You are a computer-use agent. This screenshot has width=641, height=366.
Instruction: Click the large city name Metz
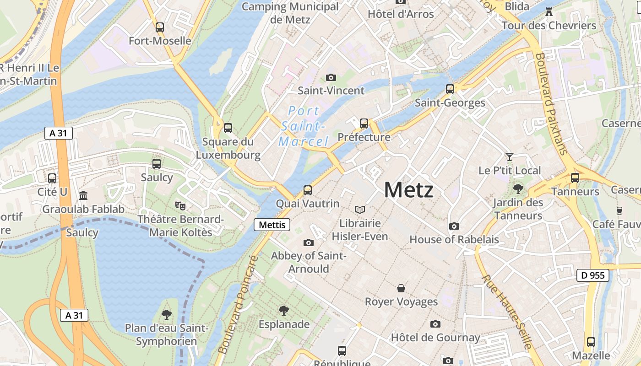(408, 189)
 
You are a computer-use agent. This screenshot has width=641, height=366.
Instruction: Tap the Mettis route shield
(272, 225)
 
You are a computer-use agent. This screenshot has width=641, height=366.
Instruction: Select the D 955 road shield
(592, 275)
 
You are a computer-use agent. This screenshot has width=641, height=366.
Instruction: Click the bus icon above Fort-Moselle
(160, 27)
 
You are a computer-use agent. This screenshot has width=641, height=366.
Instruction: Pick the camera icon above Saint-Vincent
(331, 77)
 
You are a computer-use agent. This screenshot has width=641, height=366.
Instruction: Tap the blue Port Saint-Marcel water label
(304, 126)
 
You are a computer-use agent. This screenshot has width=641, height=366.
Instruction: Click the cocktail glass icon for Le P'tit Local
(509, 157)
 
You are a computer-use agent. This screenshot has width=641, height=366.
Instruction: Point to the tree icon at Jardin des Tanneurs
(518, 188)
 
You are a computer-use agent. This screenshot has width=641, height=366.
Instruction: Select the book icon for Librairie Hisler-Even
(360, 210)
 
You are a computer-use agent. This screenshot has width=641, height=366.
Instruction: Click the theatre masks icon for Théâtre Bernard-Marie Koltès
(180, 206)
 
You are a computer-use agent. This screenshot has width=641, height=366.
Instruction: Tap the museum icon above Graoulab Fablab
(83, 195)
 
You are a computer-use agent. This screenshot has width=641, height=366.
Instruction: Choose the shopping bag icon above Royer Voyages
(401, 288)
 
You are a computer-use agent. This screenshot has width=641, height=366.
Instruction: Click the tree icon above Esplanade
(284, 311)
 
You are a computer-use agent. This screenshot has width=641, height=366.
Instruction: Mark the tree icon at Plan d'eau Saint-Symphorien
(167, 314)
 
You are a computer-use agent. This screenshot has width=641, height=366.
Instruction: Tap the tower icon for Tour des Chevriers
(549, 11)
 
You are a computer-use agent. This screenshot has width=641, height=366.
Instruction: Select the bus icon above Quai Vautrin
(308, 190)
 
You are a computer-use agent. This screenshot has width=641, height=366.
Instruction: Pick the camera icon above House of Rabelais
(454, 226)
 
